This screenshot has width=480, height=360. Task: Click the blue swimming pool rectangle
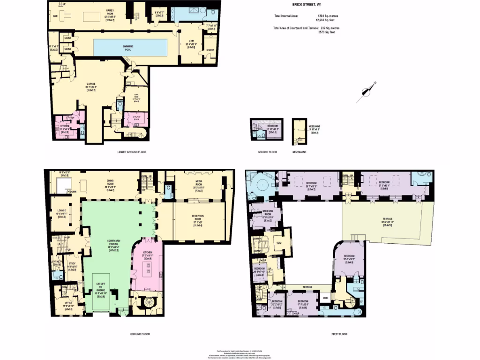click(130, 47)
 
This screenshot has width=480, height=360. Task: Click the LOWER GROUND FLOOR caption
click(132, 152)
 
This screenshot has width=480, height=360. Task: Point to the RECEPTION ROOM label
click(198, 217)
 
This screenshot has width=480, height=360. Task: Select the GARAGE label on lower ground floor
click(90, 83)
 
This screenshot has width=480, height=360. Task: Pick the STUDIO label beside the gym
click(210, 50)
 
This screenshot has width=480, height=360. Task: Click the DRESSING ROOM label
click(261, 213)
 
